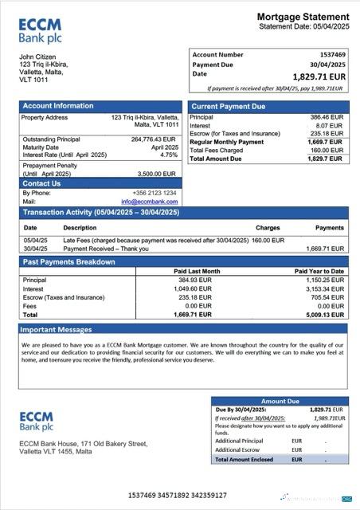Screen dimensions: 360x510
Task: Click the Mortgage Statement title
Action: tap(303, 17)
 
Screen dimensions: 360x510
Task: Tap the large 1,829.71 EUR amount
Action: tap(319, 76)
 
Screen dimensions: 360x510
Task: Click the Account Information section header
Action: tap(57, 106)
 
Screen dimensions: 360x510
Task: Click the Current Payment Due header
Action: tap(229, 106)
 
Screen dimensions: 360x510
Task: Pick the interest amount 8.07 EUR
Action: tap(328, 125)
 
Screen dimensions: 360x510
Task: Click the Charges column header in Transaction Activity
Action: tap(268, 228)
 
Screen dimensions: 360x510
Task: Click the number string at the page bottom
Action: tap(179, 496)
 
